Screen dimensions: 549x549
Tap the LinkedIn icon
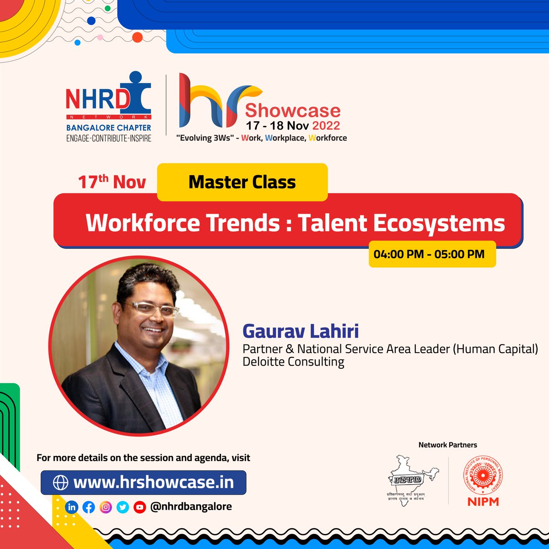coord(72,507)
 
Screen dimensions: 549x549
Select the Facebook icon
coord(89,507)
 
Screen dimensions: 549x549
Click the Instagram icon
coord(106,507)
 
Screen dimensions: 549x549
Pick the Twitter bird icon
coord(123,507)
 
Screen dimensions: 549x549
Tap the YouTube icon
coord(140,507)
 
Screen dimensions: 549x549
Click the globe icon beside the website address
coord(60,483)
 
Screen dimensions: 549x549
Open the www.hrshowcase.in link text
coord(153,482)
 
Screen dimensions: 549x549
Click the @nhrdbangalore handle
coord(191,506)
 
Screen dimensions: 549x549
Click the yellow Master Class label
coord(242,182)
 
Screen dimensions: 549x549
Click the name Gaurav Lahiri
coord(301,331)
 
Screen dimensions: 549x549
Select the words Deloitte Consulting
coord(293,361)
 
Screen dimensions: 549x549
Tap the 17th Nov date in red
coord(112,182)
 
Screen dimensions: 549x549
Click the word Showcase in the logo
coord(293,111)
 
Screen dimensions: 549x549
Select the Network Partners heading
coord(447,445)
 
